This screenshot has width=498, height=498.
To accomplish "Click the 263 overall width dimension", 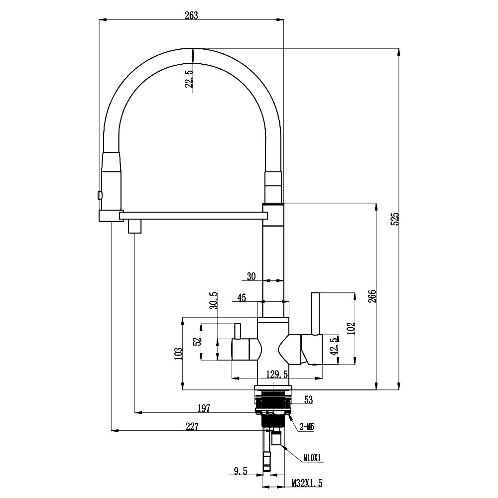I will [191, 15].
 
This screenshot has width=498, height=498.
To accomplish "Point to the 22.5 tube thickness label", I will [189, 79].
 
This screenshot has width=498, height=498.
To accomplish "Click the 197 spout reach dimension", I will [203, 408].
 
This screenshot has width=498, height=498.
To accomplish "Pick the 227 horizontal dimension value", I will [192, 426].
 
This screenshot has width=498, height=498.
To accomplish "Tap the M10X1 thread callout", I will [311, 457].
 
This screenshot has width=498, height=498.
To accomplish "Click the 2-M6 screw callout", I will [306, 426].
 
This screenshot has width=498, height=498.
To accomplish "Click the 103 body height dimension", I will [179, 353].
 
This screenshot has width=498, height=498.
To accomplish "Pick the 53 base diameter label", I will [308, 399].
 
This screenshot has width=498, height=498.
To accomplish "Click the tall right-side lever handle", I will [315, 314].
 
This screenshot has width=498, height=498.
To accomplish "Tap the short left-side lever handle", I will [238, 330].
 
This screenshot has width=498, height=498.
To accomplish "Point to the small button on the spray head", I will [100, 195].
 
